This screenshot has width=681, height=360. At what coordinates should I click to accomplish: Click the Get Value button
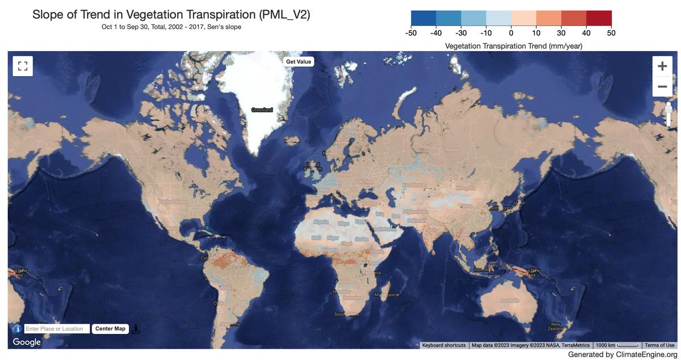(299, 61)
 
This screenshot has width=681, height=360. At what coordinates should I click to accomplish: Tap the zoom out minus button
(662, 87)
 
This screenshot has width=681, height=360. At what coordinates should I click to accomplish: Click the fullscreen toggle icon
(23, 66)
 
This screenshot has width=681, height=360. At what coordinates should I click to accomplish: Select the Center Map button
(110, 329)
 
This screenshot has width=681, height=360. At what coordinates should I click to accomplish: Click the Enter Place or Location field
(57, 329)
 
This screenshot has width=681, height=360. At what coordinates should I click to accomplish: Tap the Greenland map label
(262, 109)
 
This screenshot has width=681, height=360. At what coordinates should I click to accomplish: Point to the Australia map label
(510, 300)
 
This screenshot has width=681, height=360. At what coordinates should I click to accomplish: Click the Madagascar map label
(387, 295)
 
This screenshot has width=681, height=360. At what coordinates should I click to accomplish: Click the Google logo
(27, 342)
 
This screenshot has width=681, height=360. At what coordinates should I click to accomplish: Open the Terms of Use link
(659, 345)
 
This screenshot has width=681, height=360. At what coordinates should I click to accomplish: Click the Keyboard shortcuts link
(444, 345)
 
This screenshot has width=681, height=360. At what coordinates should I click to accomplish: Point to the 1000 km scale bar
(617, 345)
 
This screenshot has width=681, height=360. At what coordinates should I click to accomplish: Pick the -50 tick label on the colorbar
(411, 33)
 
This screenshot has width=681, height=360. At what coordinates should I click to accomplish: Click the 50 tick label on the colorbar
(611, 33)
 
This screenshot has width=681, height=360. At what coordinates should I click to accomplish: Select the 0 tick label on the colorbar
(511, 33)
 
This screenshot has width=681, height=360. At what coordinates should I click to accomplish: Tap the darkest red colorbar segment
(599, 18)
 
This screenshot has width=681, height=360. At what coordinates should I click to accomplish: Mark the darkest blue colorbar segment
(423, 18)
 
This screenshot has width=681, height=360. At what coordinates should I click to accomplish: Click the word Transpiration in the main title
(219, 14)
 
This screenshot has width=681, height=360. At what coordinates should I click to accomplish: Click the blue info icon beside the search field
(17, 329)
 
